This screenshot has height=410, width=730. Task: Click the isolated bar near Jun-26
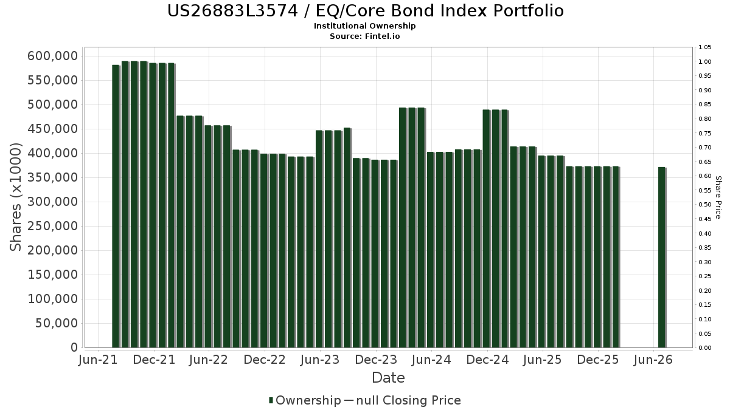click(x=662, y=258)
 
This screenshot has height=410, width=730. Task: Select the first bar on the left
click(x=116, y=207)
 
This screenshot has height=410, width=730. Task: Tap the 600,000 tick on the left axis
click(x=53, y=56)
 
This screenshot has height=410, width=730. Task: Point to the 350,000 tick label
click(x=53, y=177)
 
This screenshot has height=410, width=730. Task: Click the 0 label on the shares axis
click(x=74, y=347)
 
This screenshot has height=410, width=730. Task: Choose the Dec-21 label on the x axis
click(x=154, y=360)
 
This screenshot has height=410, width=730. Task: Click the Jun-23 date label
click(x=320, y=360)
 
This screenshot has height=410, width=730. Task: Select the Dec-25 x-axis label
click(x=598, y=360)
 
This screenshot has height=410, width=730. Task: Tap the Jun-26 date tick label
click(x=653, y=360)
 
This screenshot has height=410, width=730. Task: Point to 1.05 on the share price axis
click(x=704, y=47)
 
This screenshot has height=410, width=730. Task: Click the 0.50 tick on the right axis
click(x=704, y=205)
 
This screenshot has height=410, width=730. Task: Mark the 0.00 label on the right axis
click(x=704, y=348)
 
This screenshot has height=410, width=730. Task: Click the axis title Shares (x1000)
click(x=15, y=197)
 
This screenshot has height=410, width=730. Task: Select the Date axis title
click(x=388, y=378)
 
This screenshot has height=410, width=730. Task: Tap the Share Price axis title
click(x=718, y=197)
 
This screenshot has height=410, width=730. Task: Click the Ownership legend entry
click(x=305, y=400)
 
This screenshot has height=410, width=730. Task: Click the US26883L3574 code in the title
click(x=232, y=11)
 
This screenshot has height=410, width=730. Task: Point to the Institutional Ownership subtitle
click(x=364, y=26)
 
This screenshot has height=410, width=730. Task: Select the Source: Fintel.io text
click(x=364, y=36)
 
